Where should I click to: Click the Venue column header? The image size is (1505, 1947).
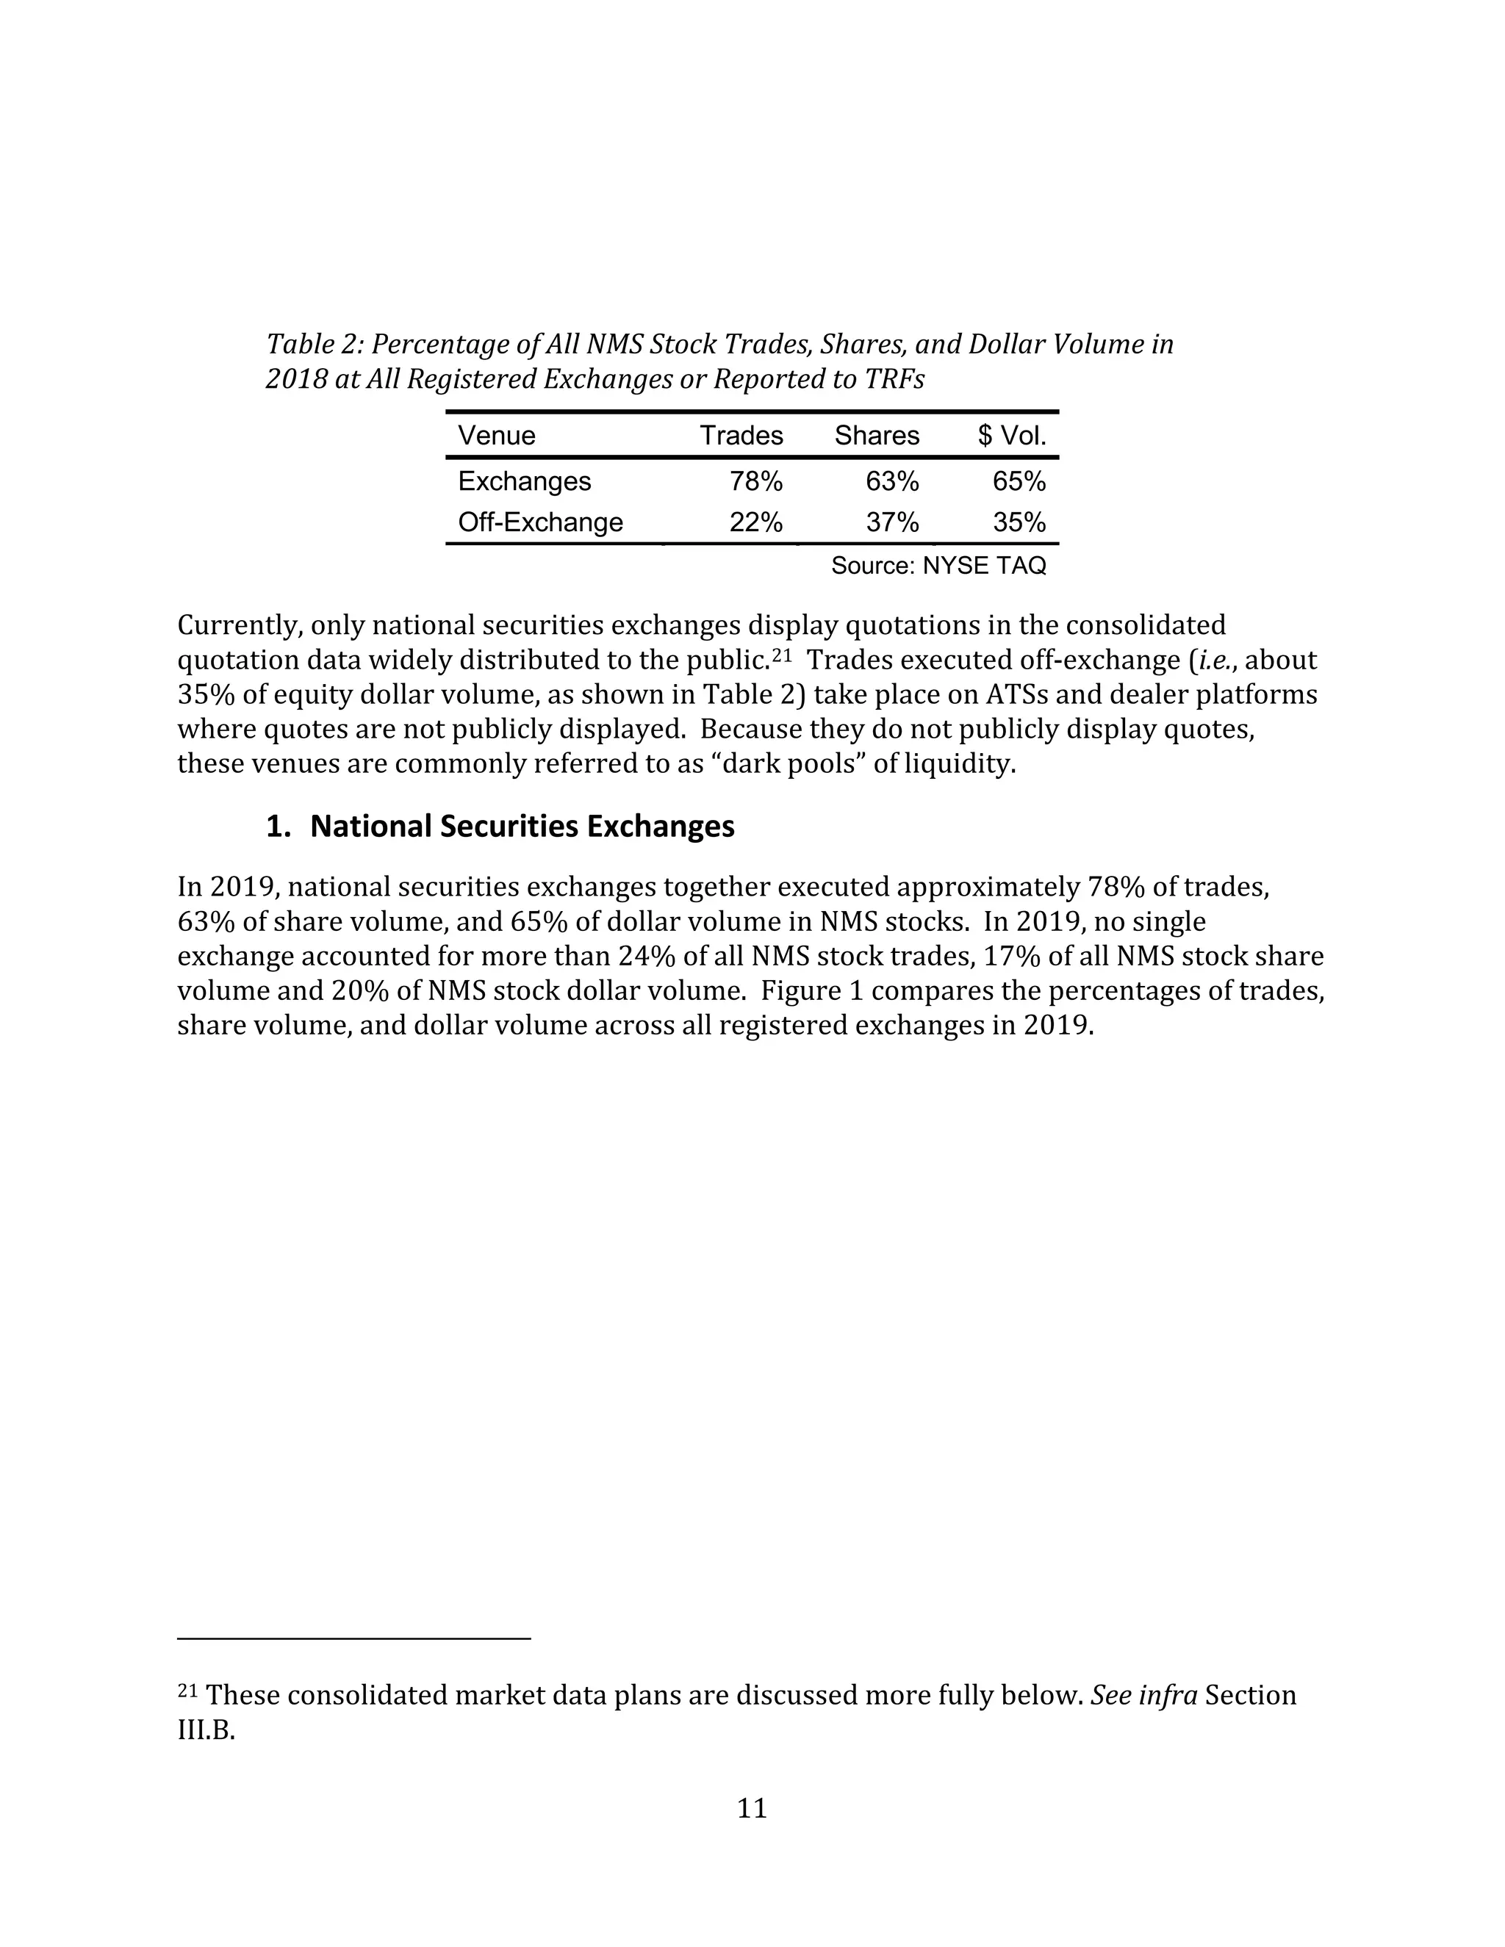coord(497,435)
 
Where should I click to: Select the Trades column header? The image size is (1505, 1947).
coord(741,435)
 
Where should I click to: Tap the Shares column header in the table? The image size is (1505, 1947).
coord(877,435)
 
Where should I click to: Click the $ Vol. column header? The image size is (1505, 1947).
coord(1011,435)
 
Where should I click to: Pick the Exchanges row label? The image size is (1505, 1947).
coord(524,481)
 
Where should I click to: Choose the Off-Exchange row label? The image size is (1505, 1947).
coord(540,522)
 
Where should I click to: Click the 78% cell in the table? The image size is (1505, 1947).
coord(756,481)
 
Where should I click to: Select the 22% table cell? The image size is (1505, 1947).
coord(756,522)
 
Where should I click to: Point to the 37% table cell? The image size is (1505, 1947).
coord(892,522)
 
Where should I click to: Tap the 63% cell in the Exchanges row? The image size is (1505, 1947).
coord(892,481)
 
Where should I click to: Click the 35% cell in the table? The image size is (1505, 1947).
coord(1019,522)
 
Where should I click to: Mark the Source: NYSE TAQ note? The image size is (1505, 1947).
coord(938,565)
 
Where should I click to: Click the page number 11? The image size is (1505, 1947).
coord(752,1808)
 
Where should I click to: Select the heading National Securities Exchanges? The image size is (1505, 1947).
coord(522,827)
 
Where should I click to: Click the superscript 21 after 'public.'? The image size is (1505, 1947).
coord(782,655)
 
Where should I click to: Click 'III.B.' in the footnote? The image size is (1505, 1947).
coord(206,1730)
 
